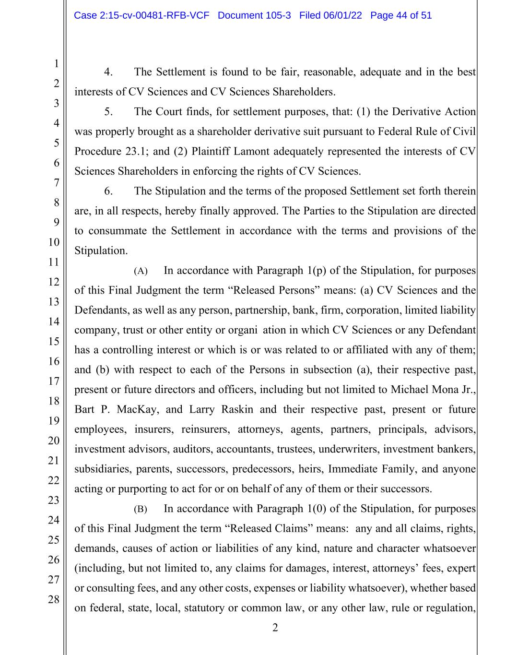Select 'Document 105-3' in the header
click(254, 15)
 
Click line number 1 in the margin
click(56, 63)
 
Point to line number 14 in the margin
click(54, 322)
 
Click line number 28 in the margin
click(54, 599)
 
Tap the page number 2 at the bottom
click(275, 628)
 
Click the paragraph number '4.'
click(108, 72)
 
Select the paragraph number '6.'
click(108, 191)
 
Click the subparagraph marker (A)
click(141, 271)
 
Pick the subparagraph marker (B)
click(141, 509)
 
